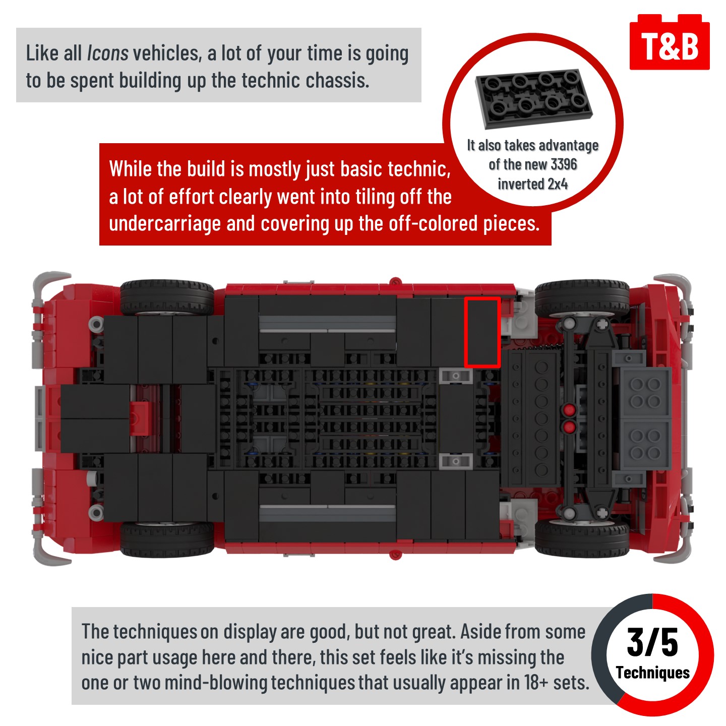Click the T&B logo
tap(669, 42)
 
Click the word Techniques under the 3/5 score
tap(652, 673)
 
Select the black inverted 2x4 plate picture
tap(533, 96)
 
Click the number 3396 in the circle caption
tap(564, 164)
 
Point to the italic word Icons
tap(107, 53)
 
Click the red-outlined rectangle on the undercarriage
tap(482, 332)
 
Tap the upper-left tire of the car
tap(167, 297)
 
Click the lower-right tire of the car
tap(582, 537)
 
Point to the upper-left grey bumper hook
tap(45, 286)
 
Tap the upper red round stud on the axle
tap(569, 409)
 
